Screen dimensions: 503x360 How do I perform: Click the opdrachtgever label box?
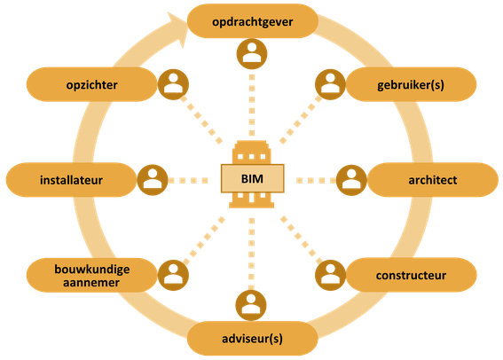pyautogui.click(x=253, y=21)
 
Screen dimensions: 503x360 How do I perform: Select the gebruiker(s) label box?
pyautogui.click(x=411, y=84)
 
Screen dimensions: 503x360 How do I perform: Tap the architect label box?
pyautogui.click(x=433, y=179)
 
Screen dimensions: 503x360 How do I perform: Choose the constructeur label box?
pyautogui.click(x=412, y=275)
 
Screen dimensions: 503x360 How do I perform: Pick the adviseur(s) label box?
pyautogui.click(x=253, y=338)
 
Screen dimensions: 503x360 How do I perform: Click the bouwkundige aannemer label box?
pyautogui.click(x=91, y=275)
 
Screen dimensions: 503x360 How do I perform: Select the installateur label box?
pyautogui.click(x=72, y=179)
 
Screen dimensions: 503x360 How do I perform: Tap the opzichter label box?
pyautogui.click(x=91, y=84)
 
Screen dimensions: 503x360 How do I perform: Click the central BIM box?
pyautogui.click(x=253, y=178)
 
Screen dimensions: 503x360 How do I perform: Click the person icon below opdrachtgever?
pyautogui.click(x=252, y=54)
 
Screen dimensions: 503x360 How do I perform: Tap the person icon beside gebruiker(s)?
pyautogui.click(x=330, y=84)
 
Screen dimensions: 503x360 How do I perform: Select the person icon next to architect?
pyautogui.click(x=351, y=180)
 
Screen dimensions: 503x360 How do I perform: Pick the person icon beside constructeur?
pyautogui.click(x=330, y=275)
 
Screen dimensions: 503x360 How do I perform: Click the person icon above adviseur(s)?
pyautogui.click(x=251, y=305)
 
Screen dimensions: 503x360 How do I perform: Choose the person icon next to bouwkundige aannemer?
pyautogui.click(x=173, y=275)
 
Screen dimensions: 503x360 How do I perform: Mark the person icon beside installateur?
pyautogui.click(x=153, y=180)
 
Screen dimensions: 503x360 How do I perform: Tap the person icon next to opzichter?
pyautogui.click(x=173, y=84)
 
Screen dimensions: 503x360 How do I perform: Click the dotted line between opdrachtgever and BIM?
pyautogui.click(x=252, y=106)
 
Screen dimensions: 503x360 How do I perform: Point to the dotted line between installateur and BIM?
pyautogui.click(x=188, y=181)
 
